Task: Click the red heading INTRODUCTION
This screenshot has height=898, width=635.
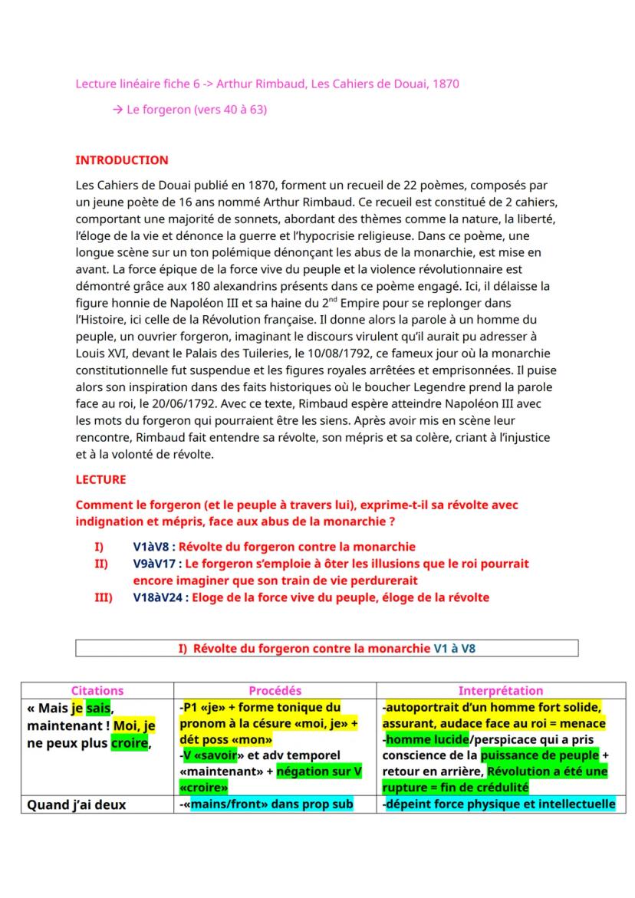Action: pos(122,160)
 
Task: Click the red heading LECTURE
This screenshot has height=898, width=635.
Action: pos(100,479)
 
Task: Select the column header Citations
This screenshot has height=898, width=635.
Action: pos(97,690)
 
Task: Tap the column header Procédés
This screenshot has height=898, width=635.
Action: pos(275,690)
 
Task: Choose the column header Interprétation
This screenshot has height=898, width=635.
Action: pos(500,690)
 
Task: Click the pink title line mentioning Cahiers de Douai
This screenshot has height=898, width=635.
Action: pos(267,84)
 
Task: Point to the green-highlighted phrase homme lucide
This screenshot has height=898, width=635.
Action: pos(419,740)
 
